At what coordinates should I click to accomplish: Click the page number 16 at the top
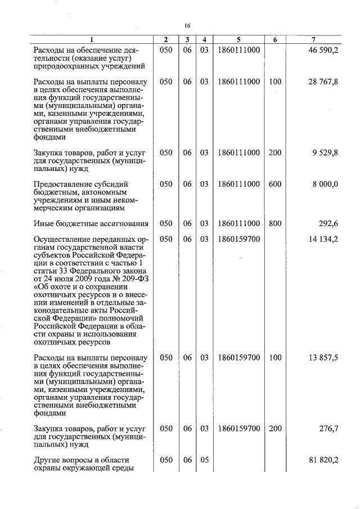pyautogui.click(x=187, y=25)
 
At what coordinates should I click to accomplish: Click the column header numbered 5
pyautogui.click(x=238, y=39)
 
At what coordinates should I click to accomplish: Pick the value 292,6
pyautogui.click(x=328, y=223)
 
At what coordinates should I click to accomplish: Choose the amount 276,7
pyautogui.click(x=328, y=429)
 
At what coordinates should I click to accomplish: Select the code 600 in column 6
pyautogui.click(x=275, y=184)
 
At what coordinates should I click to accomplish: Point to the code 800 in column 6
pyautogui.click(x=275, y=223)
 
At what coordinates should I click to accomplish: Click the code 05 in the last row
pyautogui.click(x=204, y=460)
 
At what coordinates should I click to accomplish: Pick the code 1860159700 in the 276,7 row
pyautogui.click(x=238, y=429)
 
